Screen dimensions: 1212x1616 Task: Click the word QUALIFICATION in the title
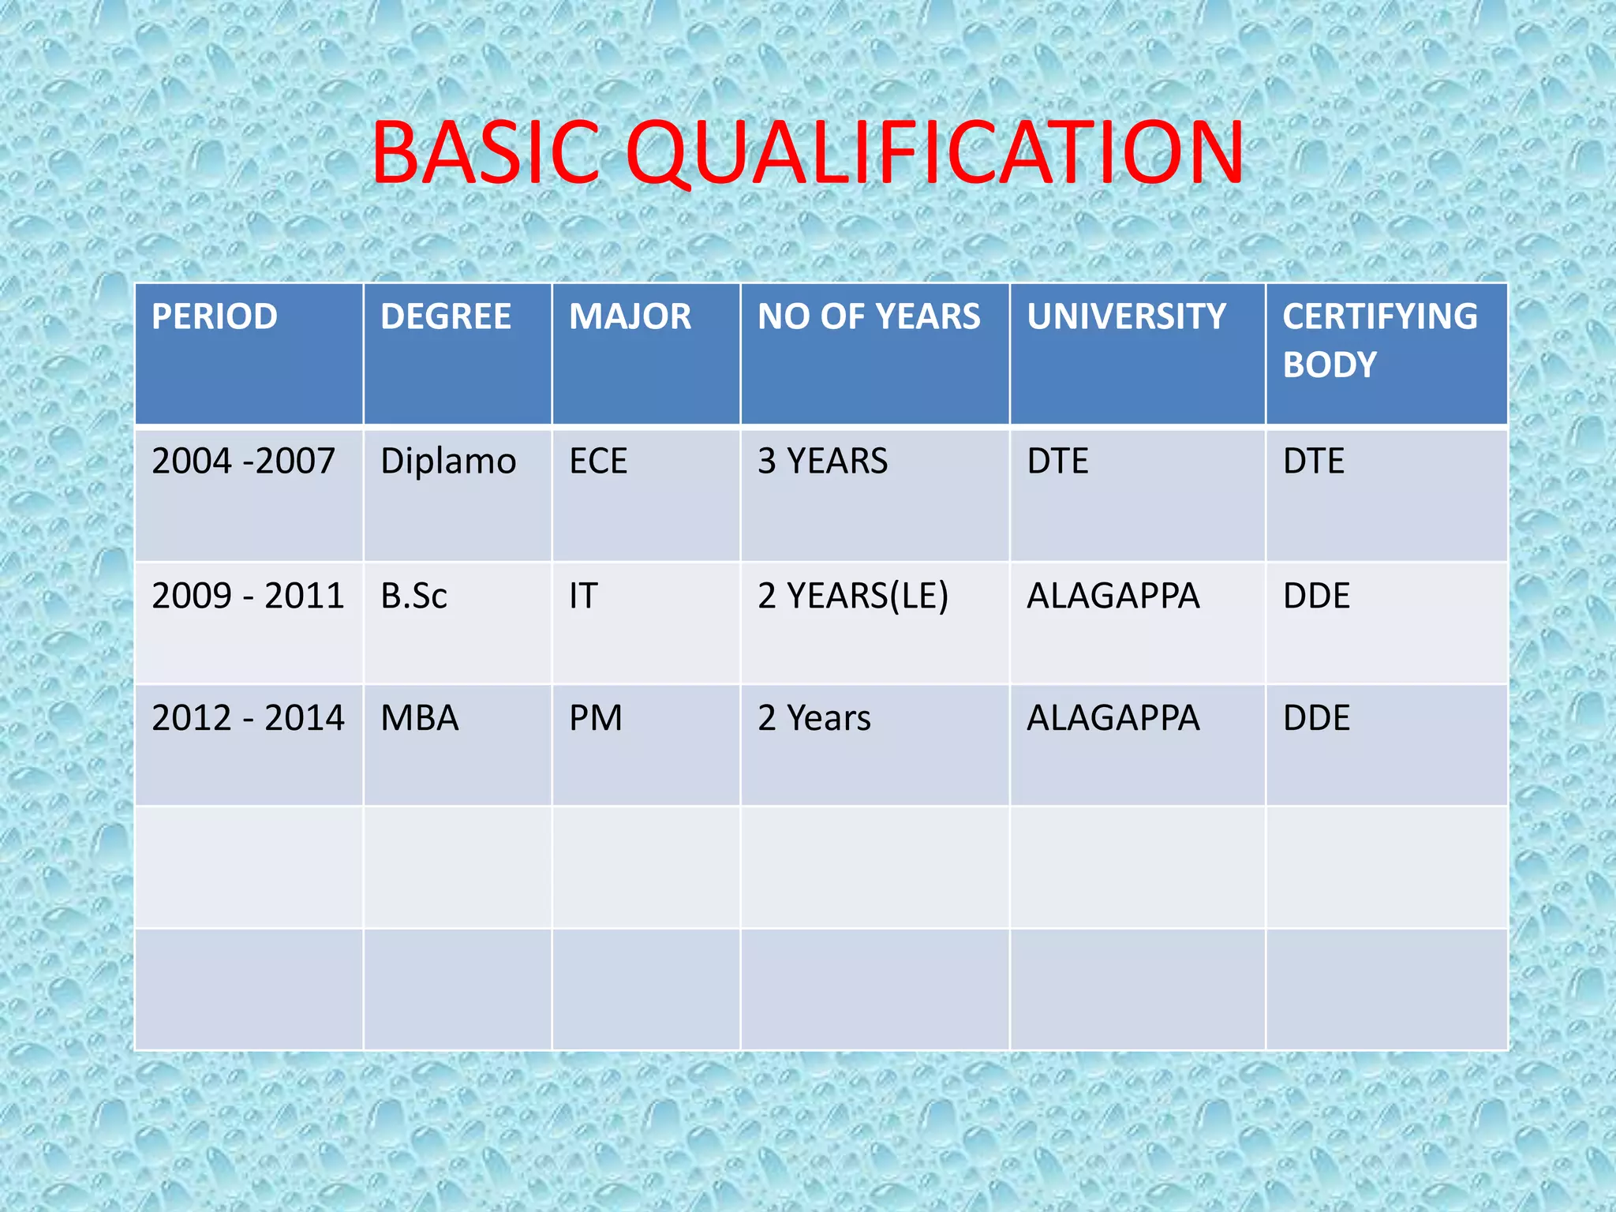point(935,153)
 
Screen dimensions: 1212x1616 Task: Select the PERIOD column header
point(215,317)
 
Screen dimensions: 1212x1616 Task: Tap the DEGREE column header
point(446,317)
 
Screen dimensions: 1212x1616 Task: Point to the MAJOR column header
point(630,317)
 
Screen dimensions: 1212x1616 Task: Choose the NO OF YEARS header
point(869,317)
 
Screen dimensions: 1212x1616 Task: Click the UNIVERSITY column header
point(1126,317)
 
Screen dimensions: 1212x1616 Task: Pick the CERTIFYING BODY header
point(1379,340)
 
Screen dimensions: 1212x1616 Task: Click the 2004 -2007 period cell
point(243,461)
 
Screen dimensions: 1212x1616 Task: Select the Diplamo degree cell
point(448,461)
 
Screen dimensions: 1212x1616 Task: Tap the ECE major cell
point(598,461)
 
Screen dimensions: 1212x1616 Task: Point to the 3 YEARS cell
point(822,461)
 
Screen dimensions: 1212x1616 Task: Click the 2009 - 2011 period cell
point(248,596)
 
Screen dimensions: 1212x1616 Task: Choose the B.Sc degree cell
point(413,596)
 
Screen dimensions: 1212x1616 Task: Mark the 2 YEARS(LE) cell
point(853,596)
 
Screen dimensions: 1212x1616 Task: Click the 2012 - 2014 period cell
point(248,718)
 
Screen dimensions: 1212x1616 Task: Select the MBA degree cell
point(419,718)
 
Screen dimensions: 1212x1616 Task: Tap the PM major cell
point(596,718)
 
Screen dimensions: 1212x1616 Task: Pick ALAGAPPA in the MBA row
point(1113,718)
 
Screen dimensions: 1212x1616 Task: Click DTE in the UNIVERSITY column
point(1057,461)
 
